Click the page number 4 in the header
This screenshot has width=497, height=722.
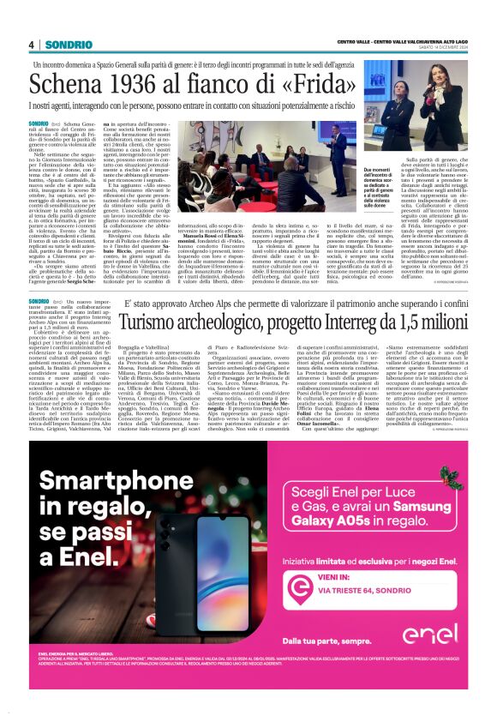(x=31, y=45)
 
